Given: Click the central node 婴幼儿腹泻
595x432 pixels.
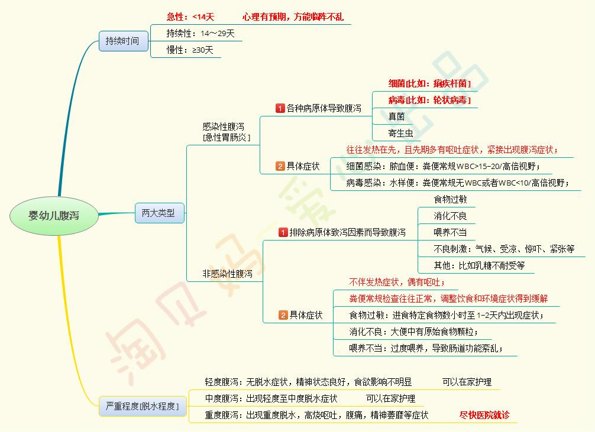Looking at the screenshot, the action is [53, 216].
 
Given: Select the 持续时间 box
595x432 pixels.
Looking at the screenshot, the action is [123, 41].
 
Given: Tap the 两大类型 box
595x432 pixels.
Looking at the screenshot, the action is [159, 213].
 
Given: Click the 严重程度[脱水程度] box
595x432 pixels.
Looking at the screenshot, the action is [142, 406].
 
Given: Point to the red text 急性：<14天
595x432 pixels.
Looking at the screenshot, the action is [190, 17].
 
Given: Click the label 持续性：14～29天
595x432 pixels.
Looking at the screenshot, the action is [201, 34].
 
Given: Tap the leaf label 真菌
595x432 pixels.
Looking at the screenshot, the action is [396, 117].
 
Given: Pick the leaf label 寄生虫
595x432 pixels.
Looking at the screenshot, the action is [400, 133].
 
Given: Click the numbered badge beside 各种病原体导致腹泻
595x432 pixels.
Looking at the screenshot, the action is [280, 108].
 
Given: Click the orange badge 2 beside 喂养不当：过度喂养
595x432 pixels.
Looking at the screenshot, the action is [283, 316].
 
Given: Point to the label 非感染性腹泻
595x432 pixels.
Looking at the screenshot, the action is [227, 274].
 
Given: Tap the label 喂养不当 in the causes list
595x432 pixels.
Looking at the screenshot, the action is [450, 232].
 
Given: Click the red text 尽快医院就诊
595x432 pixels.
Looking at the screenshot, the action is [484, 415].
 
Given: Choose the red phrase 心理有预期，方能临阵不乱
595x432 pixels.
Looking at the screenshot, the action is [292, 17].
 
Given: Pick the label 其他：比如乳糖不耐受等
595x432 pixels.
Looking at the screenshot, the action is [479, 265].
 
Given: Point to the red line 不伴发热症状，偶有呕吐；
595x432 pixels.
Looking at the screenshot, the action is [397, 282].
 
